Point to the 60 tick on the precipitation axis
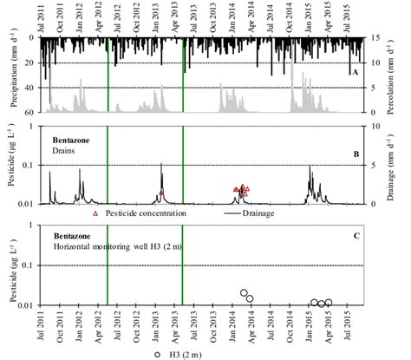(29, 114)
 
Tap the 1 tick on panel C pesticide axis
(32, 226)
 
